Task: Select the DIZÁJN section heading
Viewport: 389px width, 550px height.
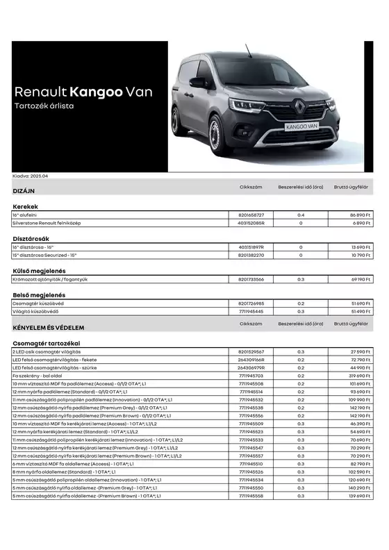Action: click(x=24, y=190)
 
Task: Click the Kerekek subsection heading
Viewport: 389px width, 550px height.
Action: click(x=25, y=206)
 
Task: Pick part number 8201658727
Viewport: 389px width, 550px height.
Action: click(x=251, y=216)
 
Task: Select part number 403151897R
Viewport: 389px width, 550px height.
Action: click(x=251, y=247)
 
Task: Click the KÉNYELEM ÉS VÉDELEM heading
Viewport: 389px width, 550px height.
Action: click(x=49, y=328)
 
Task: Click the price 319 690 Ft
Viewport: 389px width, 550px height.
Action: click(x=358, y=376)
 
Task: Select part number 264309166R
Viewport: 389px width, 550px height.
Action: click(x=251, y=360)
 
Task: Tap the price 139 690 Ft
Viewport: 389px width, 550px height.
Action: click(x=358, y=496)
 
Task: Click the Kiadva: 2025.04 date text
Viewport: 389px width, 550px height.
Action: click(x=29, y=176)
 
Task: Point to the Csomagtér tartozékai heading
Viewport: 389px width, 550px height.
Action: click(x=47, y=343)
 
